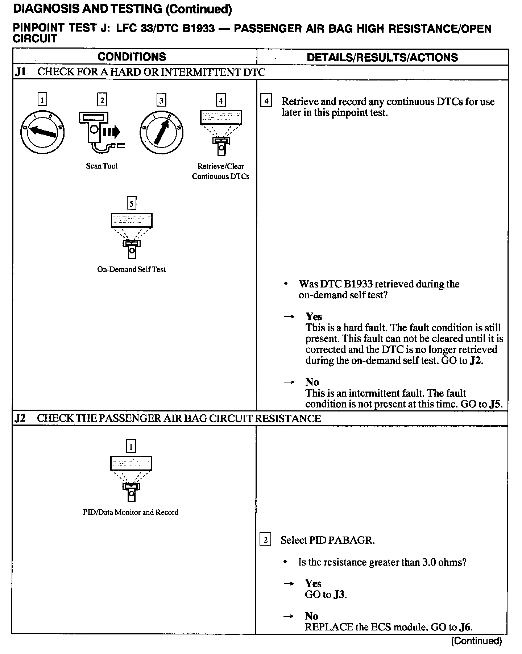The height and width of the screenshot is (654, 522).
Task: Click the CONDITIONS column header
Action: click(x=132, y=57)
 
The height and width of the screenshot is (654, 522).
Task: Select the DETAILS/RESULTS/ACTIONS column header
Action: click(x=382, y=57)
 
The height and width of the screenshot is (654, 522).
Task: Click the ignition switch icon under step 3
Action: click(x=161, y=133)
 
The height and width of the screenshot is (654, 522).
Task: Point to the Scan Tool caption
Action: click(x=101, y=166)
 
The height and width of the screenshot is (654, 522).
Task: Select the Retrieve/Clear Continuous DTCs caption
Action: click(x=220, y=171)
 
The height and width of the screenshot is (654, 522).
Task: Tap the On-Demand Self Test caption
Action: click(x=131, y=269)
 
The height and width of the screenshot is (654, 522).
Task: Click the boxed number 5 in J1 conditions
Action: click(x=131, y=203)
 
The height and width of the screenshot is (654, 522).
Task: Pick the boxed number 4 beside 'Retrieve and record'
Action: click(x=266, y=101)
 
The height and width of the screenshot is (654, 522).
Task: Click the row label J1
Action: click(x=20, y=72)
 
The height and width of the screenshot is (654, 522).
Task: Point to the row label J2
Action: click(x=20, y=418)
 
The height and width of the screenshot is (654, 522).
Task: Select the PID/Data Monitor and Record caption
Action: click(x=130, y=512)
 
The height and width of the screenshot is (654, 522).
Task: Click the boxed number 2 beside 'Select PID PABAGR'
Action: click(x=265, y=540)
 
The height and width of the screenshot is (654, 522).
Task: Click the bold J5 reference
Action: click(x=495, y=404)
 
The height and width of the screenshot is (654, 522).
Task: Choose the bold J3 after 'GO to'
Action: click(x=339, y=595)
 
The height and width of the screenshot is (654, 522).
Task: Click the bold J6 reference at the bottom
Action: click(x=465, y=627)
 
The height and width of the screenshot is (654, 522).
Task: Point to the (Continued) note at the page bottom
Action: click(x=476, y=641)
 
